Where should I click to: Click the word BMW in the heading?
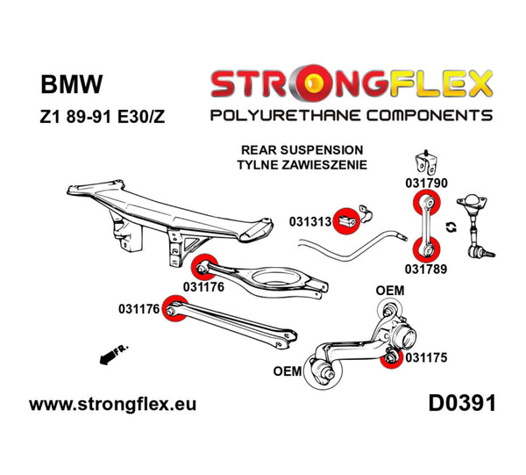[72, 85]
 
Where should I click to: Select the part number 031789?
[426, 269]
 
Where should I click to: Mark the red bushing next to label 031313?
[350, 219]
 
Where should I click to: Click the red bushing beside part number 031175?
[391, 356]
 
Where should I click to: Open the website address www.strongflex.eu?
[113, 405]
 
